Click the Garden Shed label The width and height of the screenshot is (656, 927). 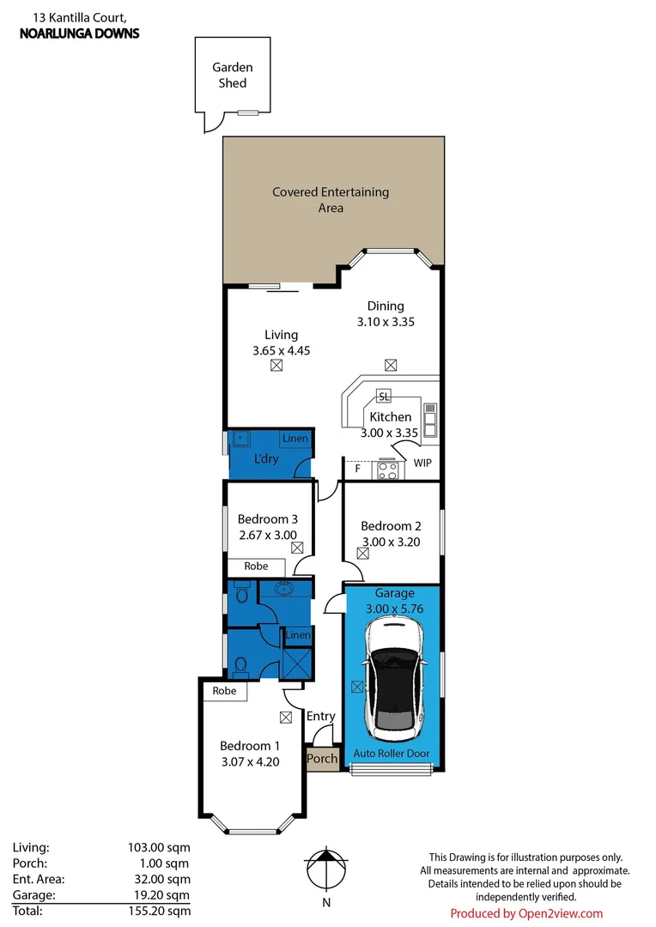(x=232, y=76)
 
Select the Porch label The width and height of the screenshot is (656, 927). (x=323, y=759)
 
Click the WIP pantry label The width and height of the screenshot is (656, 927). (x=422, y=463)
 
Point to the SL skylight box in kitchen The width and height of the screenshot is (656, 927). (x=384, y=396)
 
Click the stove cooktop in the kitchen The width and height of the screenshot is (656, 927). (x=386, y=470)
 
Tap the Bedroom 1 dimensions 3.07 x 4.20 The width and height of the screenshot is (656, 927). (x=249, y=760)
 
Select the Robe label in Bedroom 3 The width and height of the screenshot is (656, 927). (x=256, y=566)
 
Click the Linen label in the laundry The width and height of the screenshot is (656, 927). (x=295, y=439)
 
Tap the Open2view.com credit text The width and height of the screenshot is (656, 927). (x=526, y=913)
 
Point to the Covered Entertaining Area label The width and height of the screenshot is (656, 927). (x=331, y=199)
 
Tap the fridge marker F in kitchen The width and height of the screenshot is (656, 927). (x=357, y=469)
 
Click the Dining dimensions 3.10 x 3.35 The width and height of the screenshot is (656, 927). (x=386, y=322)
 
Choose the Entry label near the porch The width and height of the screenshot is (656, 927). (x=320, y=717)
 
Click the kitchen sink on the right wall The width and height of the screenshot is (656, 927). (x=430, y=420)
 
